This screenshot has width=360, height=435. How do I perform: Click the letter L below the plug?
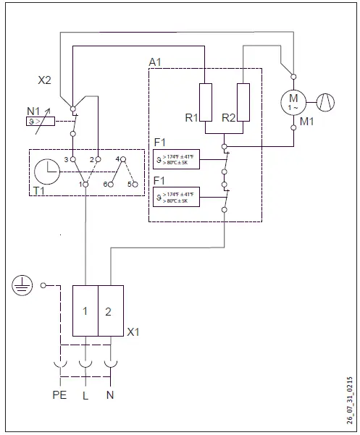[86, 396]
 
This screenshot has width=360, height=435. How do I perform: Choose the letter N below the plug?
[110, 396]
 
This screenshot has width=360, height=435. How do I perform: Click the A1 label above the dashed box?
[155, 63]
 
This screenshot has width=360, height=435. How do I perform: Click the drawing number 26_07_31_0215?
[350, 402]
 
